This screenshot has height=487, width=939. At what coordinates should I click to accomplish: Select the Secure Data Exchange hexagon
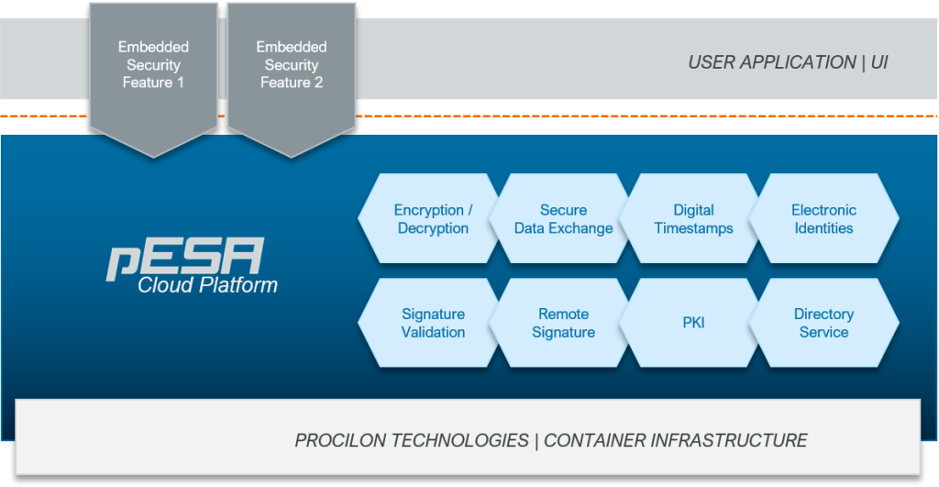[563, 219]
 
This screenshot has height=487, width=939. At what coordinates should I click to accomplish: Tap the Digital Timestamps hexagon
[693, 219]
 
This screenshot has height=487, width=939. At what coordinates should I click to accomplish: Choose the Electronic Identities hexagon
[823, 219]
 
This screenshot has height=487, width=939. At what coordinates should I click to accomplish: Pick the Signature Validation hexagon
[433, 323]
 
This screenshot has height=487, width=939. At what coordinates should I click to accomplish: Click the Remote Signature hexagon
[563, 323]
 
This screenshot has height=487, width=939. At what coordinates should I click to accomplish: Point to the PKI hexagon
[693, 323]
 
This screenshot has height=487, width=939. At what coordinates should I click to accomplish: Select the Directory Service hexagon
[823, 323]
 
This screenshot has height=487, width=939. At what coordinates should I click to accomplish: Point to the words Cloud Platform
[207, 285]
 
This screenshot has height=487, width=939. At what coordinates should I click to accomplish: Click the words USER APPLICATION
[771, 63]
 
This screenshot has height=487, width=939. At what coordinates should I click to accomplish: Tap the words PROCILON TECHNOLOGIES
[412, 440]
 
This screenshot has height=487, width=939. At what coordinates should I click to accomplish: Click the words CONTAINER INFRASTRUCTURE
[676, 440]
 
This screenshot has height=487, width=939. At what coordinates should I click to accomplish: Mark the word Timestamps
[693, 228]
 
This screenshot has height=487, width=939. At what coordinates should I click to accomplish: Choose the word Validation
[433, 332]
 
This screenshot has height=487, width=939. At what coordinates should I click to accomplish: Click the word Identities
[823, 228]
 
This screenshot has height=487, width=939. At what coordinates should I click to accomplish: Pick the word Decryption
[433, 228]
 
